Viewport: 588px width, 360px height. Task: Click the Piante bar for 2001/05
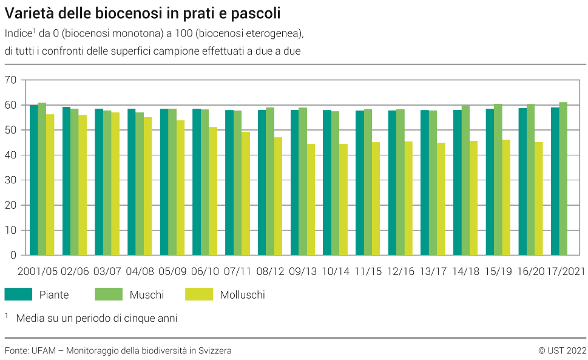[x=34, y=180]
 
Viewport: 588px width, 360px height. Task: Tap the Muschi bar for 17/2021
[x=563, y=178]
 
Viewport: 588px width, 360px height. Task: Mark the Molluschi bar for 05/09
[x=180, y=188]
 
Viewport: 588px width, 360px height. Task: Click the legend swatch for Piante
[x=18, y=295]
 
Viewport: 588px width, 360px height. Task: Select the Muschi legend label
[x=147, y=295]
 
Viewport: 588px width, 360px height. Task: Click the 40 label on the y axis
[x=10, y=155]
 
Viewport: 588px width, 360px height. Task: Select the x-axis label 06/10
[x=204, y=271]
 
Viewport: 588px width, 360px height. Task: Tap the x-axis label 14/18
[x=465, y=271]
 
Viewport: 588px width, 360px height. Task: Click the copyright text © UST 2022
[x=562, y=351]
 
